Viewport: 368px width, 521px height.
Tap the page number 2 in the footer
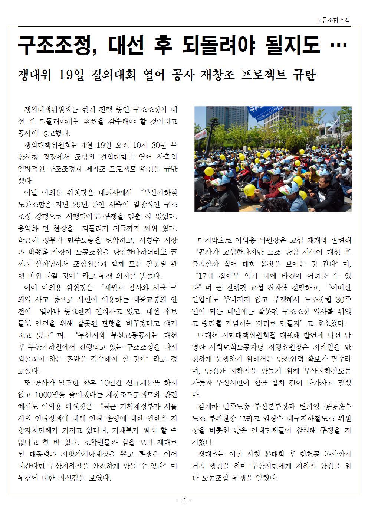tap(183, 501)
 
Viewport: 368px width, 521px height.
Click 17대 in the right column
tap(206, 276)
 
